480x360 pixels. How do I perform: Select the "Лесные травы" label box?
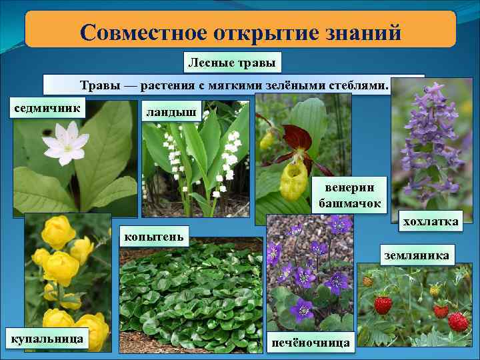(x=233, y=63)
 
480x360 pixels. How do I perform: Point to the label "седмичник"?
(x=47, y=107)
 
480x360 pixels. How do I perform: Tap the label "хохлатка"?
(x=429, y=222)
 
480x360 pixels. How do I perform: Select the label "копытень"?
(x=153, y=235)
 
